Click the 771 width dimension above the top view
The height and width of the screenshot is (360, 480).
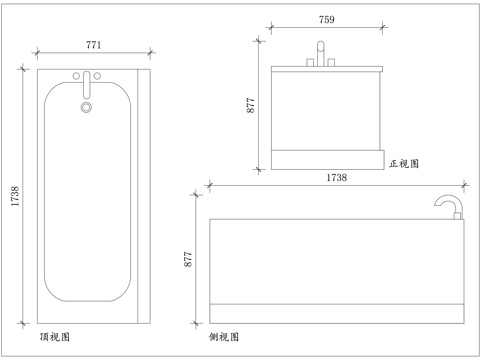tap(93, 45)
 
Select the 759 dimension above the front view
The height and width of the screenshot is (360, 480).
tap(326, 19)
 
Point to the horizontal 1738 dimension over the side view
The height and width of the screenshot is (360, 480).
tap(337, 177)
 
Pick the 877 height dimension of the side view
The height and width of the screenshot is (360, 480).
tap(188, 259)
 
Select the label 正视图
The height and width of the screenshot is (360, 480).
tap(404, 162)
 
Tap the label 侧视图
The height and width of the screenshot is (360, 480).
tap(224, 337)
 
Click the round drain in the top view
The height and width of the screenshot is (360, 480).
tap(86, 105)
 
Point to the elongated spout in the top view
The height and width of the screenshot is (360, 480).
tap(87, 83)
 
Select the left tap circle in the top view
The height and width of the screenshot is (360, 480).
tap(77, 75)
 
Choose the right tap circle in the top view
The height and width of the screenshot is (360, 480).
tap(100, 75)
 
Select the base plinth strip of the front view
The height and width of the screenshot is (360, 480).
tap(327, 159)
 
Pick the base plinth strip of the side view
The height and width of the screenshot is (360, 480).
tap(338, 309)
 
